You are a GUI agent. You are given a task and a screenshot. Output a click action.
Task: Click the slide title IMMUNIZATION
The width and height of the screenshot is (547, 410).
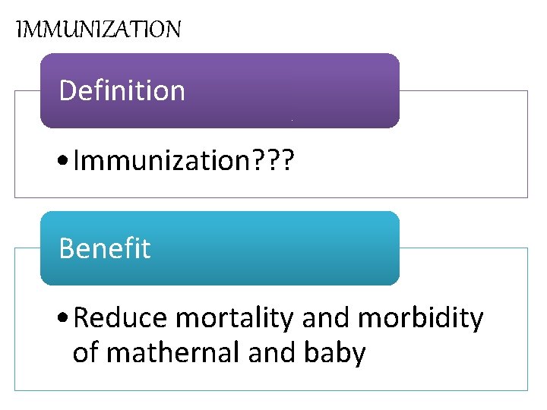99,30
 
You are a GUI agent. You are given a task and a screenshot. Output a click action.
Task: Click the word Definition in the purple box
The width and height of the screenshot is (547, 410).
122,91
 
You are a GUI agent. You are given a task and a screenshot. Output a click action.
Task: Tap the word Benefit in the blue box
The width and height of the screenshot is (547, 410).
105,249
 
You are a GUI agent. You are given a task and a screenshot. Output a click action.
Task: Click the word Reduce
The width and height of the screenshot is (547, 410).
121,319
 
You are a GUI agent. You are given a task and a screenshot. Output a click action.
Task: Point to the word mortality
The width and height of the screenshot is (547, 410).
234,319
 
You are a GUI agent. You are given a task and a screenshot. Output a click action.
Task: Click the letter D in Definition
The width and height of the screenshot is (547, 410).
67,91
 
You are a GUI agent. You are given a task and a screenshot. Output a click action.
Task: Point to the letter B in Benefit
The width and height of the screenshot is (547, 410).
66,249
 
